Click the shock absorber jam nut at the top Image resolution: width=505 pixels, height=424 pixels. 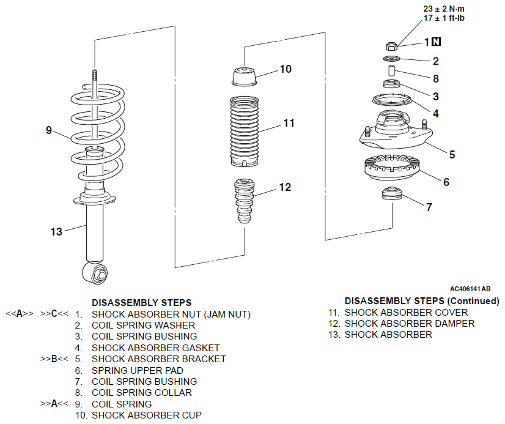pos(391,46)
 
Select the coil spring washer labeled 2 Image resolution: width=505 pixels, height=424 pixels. pos(392,59)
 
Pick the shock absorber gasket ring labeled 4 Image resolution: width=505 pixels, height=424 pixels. pos(392,100)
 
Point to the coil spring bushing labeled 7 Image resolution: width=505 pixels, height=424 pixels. pos(392,193)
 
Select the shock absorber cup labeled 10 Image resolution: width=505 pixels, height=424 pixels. pos(245,76)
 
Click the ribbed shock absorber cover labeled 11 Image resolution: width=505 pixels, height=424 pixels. pos(244,132)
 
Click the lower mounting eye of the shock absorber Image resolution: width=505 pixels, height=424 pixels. pos(95,273)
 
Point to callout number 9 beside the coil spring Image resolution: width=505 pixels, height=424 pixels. pos(49,130)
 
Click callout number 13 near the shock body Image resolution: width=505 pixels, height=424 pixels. pos(56,231)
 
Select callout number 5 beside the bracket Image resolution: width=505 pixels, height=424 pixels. pos(452,155)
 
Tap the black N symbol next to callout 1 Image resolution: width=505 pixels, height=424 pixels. pos(436,42)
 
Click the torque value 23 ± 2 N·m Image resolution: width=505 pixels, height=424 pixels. pos(444,9)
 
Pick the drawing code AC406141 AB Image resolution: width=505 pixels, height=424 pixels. pos(470,289)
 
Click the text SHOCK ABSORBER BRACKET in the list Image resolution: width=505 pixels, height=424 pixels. pos(159,359)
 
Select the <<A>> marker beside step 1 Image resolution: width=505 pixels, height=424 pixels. pos(20,313)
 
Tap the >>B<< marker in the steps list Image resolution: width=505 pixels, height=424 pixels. pos(54,359)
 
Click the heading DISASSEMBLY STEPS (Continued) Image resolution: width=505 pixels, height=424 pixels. pos(422,301)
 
